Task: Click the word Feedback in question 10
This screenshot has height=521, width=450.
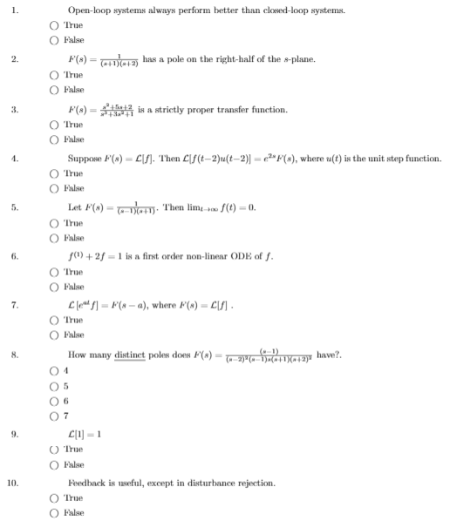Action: [x=88, y=482]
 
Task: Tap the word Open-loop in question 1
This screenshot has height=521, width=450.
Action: [x=91, y=10]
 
